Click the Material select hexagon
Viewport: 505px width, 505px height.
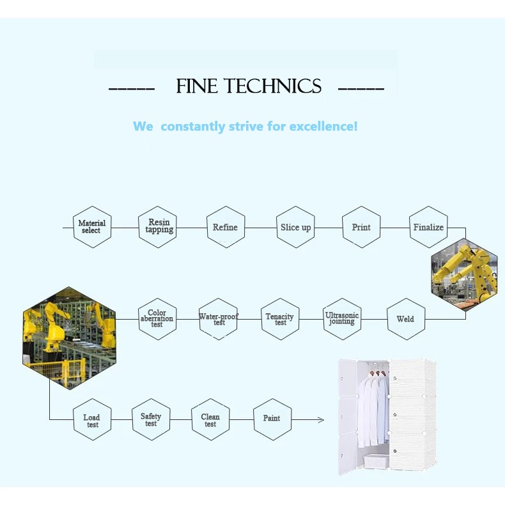tap(92, 227)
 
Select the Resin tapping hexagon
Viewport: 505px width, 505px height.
tap(158, 227)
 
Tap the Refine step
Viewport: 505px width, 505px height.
tap(226, 227)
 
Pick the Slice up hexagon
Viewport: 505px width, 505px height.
tap(296, 227)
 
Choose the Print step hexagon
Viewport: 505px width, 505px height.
tap(361, 227)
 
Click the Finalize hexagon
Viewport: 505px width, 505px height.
tap(428, 227)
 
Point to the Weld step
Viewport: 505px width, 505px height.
tap(405, 319)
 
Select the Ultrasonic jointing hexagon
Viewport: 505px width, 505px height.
tap(342, 319)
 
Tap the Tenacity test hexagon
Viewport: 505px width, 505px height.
tap(280, 319)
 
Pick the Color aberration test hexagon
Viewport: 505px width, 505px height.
tap(157, 318)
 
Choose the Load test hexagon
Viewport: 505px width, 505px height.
tap(92, 420)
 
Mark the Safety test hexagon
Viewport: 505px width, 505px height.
tap(151, 419)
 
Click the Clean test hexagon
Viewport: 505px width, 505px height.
tap(210, 420)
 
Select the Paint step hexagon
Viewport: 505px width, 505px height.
tap(272, 419)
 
